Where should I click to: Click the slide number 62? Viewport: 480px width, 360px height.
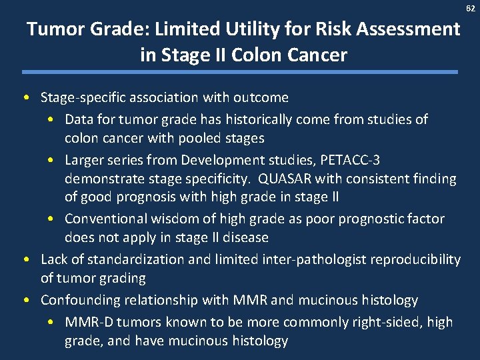pyautogui.click(x=471, y=8)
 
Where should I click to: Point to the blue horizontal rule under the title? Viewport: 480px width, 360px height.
pyautogui.click(x=240, y=72)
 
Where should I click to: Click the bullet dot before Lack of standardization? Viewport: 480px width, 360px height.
pyautogui.click(x=25, y=259)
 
